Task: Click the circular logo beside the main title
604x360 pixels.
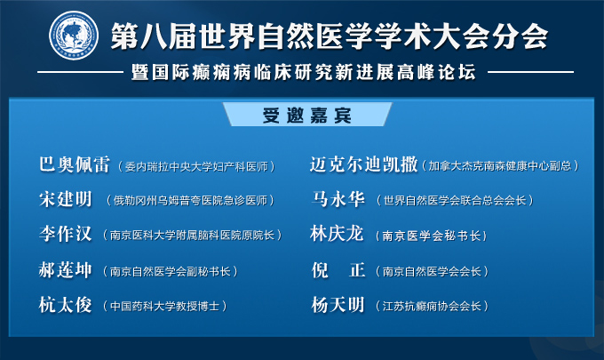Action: coord(74,36)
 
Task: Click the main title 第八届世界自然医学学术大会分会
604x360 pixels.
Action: coord(330,36)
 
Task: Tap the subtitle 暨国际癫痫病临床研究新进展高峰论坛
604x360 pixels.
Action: coord(304,72)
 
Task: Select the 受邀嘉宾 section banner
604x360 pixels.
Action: coord(307,115)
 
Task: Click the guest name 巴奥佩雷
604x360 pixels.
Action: coord(75,164)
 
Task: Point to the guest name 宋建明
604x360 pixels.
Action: coord(66,199)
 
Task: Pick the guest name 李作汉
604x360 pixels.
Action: coord(66,234)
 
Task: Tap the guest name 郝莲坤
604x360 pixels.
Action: coord(66,270)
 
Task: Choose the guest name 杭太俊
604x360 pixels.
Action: coord(66,305)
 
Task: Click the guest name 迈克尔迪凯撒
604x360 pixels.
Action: coord(364,164)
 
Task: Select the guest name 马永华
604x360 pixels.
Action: coord(338,199)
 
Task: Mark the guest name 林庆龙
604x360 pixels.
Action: coord(337,234)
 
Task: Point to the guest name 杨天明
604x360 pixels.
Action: coord(338,305)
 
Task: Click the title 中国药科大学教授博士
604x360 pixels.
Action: coord(165,307)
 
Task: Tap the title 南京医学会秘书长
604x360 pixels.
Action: coord(432,236)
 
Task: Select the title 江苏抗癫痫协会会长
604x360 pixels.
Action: coord(432,307)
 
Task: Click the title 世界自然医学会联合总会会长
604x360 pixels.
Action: coord(455,200)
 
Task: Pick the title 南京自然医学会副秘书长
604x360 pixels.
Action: coord(171,271)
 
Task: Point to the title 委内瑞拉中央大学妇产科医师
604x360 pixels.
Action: coord(196,166)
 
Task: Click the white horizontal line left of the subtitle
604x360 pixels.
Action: coord(81,72)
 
